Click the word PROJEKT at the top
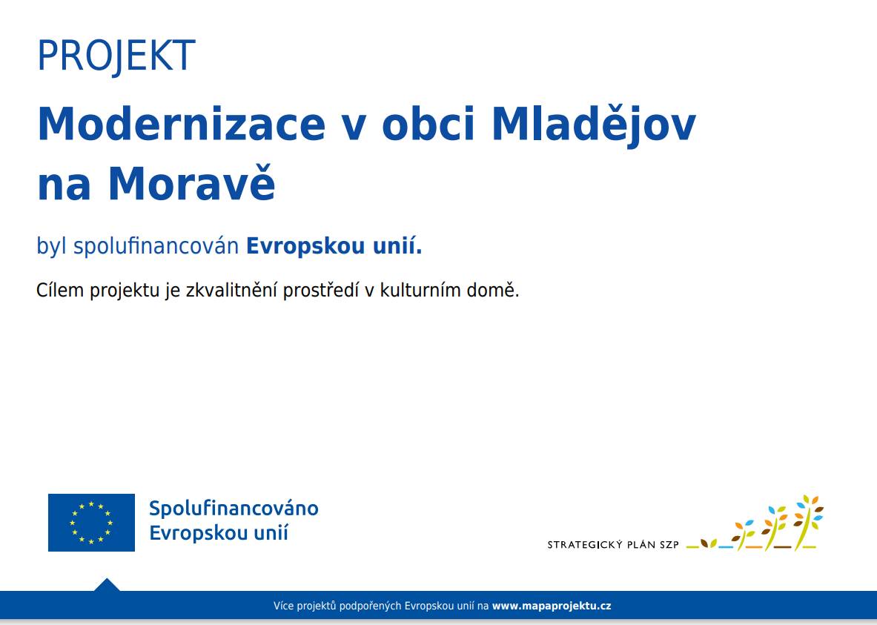click(x=116, y=56)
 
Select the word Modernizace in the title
click(x=182, y=125)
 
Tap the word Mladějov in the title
click(x=593, y=125)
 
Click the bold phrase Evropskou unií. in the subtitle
click(x=334, y=246)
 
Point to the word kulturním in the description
click(x=424, y=291)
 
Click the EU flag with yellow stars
click(x=91, y=523)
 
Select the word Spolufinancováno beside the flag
click(x=234, y=509)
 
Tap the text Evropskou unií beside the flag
click(x=219, y=533)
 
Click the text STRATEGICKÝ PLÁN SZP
click(x=613, y=545)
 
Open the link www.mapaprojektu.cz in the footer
click(x=552, y=606)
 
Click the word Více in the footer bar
click(x=283, y=606)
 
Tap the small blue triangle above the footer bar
click(x=107, y=585)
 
